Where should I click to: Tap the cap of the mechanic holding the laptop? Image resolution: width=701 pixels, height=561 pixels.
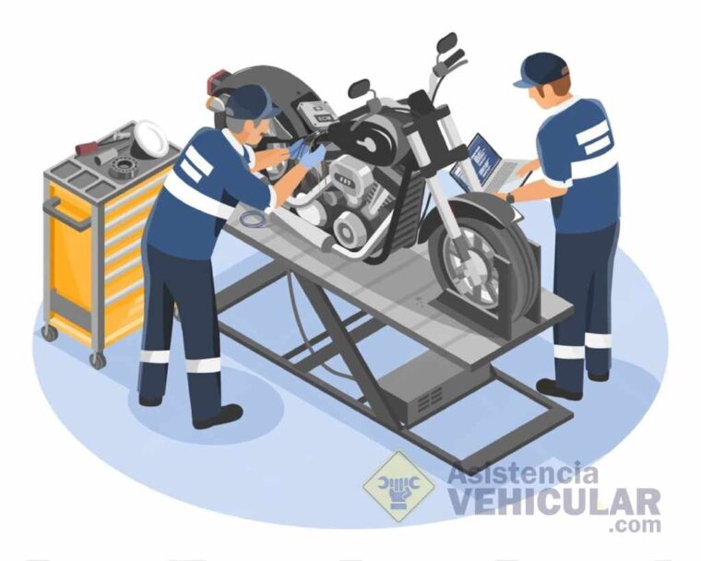point(541,69)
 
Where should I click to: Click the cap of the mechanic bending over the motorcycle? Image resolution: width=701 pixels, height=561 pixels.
point(251,102)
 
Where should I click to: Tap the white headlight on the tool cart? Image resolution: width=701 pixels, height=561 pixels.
point(149,138)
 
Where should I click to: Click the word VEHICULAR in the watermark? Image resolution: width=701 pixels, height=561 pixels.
point(554,503)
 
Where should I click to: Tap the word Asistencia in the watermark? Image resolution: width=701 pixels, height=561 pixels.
point(523,473)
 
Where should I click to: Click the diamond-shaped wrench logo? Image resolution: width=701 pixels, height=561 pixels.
point(398,486)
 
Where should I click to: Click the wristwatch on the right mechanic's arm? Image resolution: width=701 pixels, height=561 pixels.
point(510,197)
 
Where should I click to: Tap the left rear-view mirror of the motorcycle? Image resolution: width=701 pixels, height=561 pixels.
point(359,89)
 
